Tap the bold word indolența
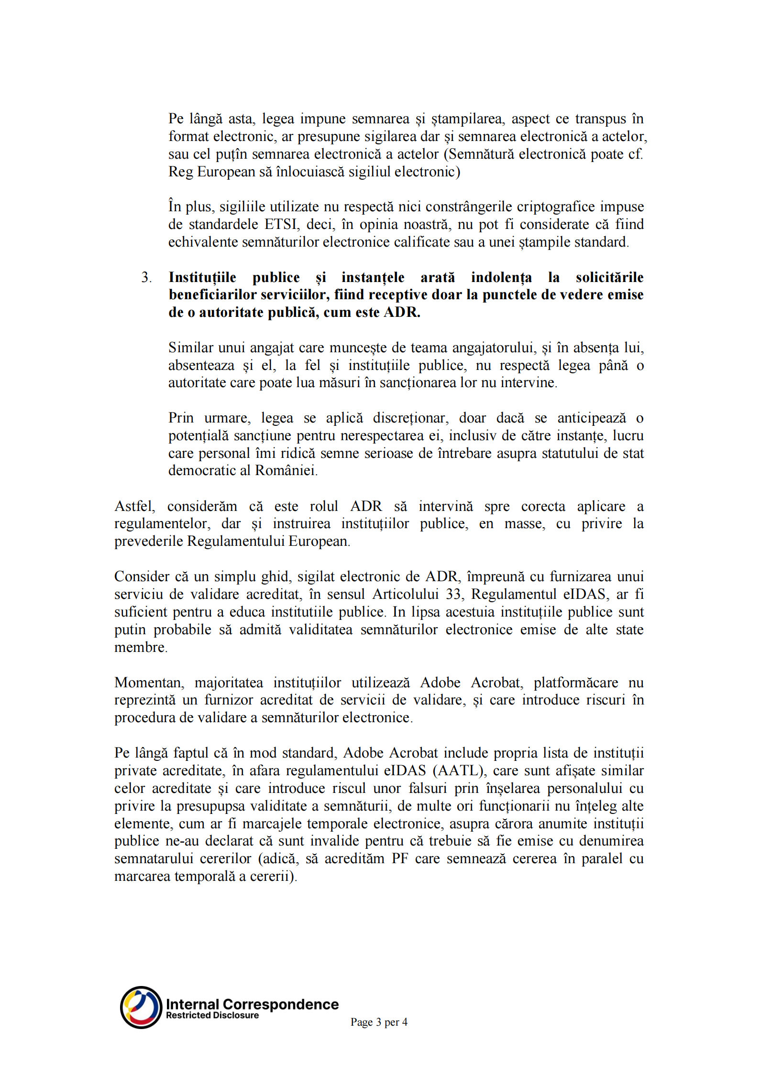(x=501, y=277)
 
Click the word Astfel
(x=134, y=506)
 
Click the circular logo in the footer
(x=141, y=1008)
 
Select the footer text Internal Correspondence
(x=252, y=1004)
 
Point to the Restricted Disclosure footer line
(x=212, y=1016)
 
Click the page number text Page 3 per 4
(x=379, y=1022)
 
